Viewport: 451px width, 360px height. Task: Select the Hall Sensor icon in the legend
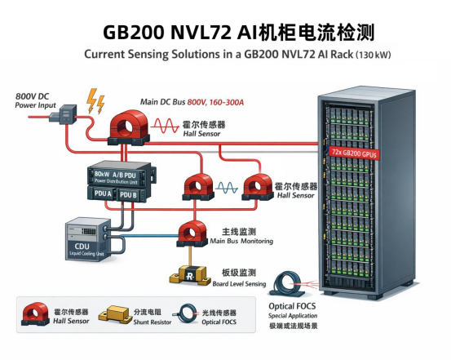click(x=36, y=313)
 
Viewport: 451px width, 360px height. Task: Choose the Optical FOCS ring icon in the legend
click(x=189, y=314)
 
